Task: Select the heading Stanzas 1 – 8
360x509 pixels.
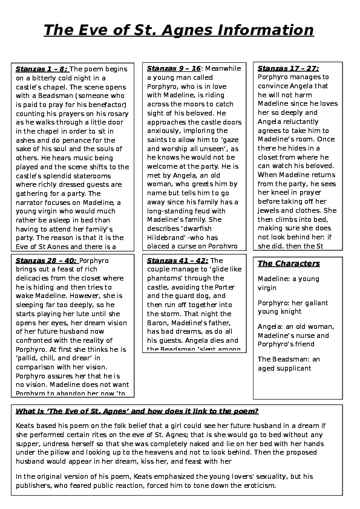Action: [42, 68]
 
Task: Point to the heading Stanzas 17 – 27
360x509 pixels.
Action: [288, 68]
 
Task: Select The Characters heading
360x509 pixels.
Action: [289, 264]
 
